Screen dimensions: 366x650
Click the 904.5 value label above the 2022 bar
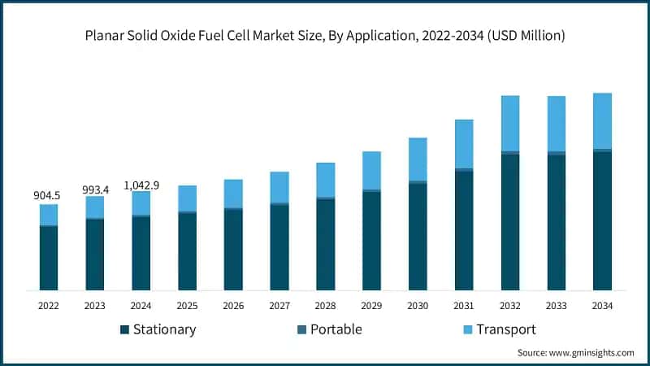click(x=48, y=196)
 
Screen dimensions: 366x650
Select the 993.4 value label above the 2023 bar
click(x=94, y=189)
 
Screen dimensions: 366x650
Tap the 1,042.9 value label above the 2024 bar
click(x=141, y=185)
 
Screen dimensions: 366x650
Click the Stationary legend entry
click(x=158, y=329)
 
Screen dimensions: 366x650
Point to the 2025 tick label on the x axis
click(x=187, y=306)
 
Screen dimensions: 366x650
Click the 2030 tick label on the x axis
click(x=418, y=306)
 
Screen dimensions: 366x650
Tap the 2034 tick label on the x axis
click(x=602, y=306)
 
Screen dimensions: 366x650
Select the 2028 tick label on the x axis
click(x=325, y=306)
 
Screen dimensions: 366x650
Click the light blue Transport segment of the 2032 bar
click(x=510, y=123)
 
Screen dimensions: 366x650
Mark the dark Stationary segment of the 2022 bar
click(x=49, y=258)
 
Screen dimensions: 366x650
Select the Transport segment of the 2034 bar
click(x=602, y=120)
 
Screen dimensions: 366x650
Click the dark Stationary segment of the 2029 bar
click(x=371, y=242)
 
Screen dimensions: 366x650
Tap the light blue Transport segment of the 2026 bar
click(x=233, y=194)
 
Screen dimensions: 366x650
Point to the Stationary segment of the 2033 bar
click(x=557, y=222)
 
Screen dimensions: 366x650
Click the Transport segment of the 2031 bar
click(x=464, y=143)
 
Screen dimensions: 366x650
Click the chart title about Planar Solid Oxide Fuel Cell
click(x=325, y=36)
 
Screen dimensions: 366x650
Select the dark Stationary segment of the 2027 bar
click(x=279, y=247)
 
